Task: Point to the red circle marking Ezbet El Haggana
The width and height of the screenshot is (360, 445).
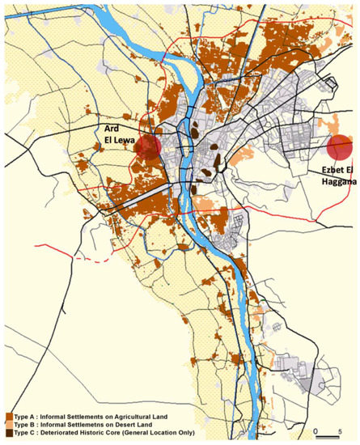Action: [x=341, y=148]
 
